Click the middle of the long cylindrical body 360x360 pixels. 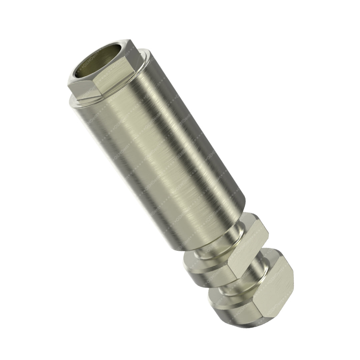(160, 150)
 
